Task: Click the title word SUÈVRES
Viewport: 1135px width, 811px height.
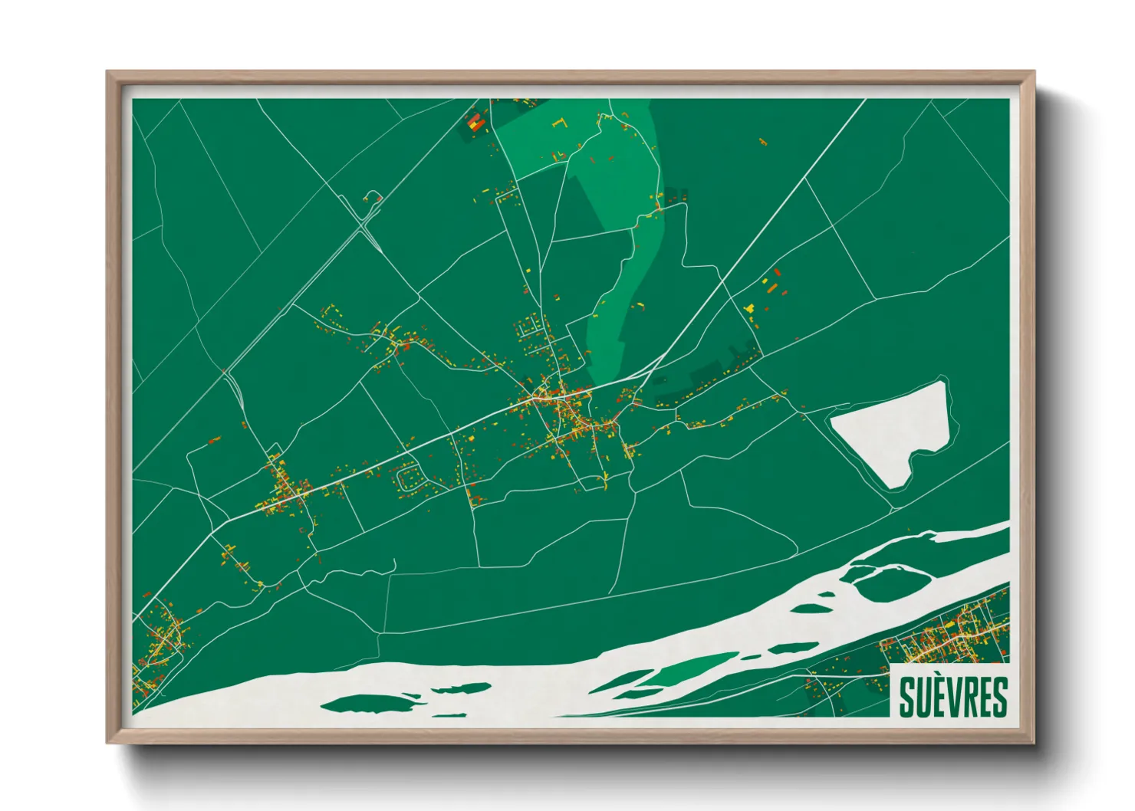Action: pyautogui.click(x=952, y=696)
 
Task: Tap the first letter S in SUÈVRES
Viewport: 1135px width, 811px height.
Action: pyautogui.click(x=906, y=696)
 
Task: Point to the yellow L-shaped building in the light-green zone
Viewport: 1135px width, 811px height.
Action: pyautogui.click(x=559, y=123)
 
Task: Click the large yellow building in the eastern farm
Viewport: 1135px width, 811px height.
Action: pyautogui.click(x=749, y=307)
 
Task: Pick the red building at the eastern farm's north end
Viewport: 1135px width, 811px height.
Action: pyautogui.click(x=778, y=272)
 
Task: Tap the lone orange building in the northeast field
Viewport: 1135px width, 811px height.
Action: pyautogui.click(x=762, y=141)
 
